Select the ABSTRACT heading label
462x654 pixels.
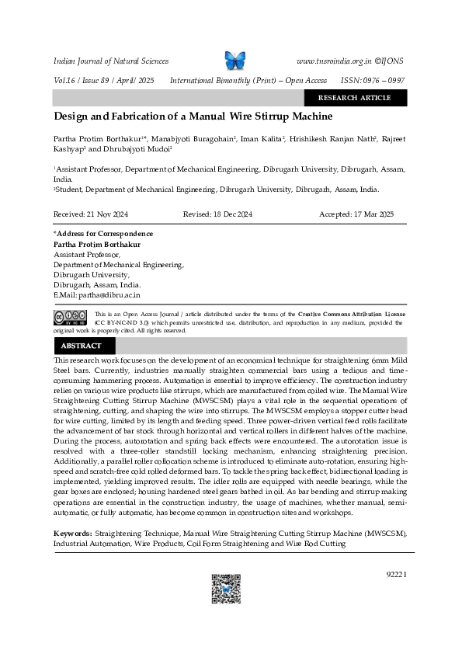(82, 346)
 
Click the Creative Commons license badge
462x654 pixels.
(69, 317)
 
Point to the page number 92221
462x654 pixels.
(395, 574)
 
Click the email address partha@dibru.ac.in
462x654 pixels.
(107, 295)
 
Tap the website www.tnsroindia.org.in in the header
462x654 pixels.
(334, 61)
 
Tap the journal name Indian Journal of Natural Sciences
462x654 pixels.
(109, 61)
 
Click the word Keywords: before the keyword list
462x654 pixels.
(72, 534)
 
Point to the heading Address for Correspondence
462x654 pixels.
(104, 234)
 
